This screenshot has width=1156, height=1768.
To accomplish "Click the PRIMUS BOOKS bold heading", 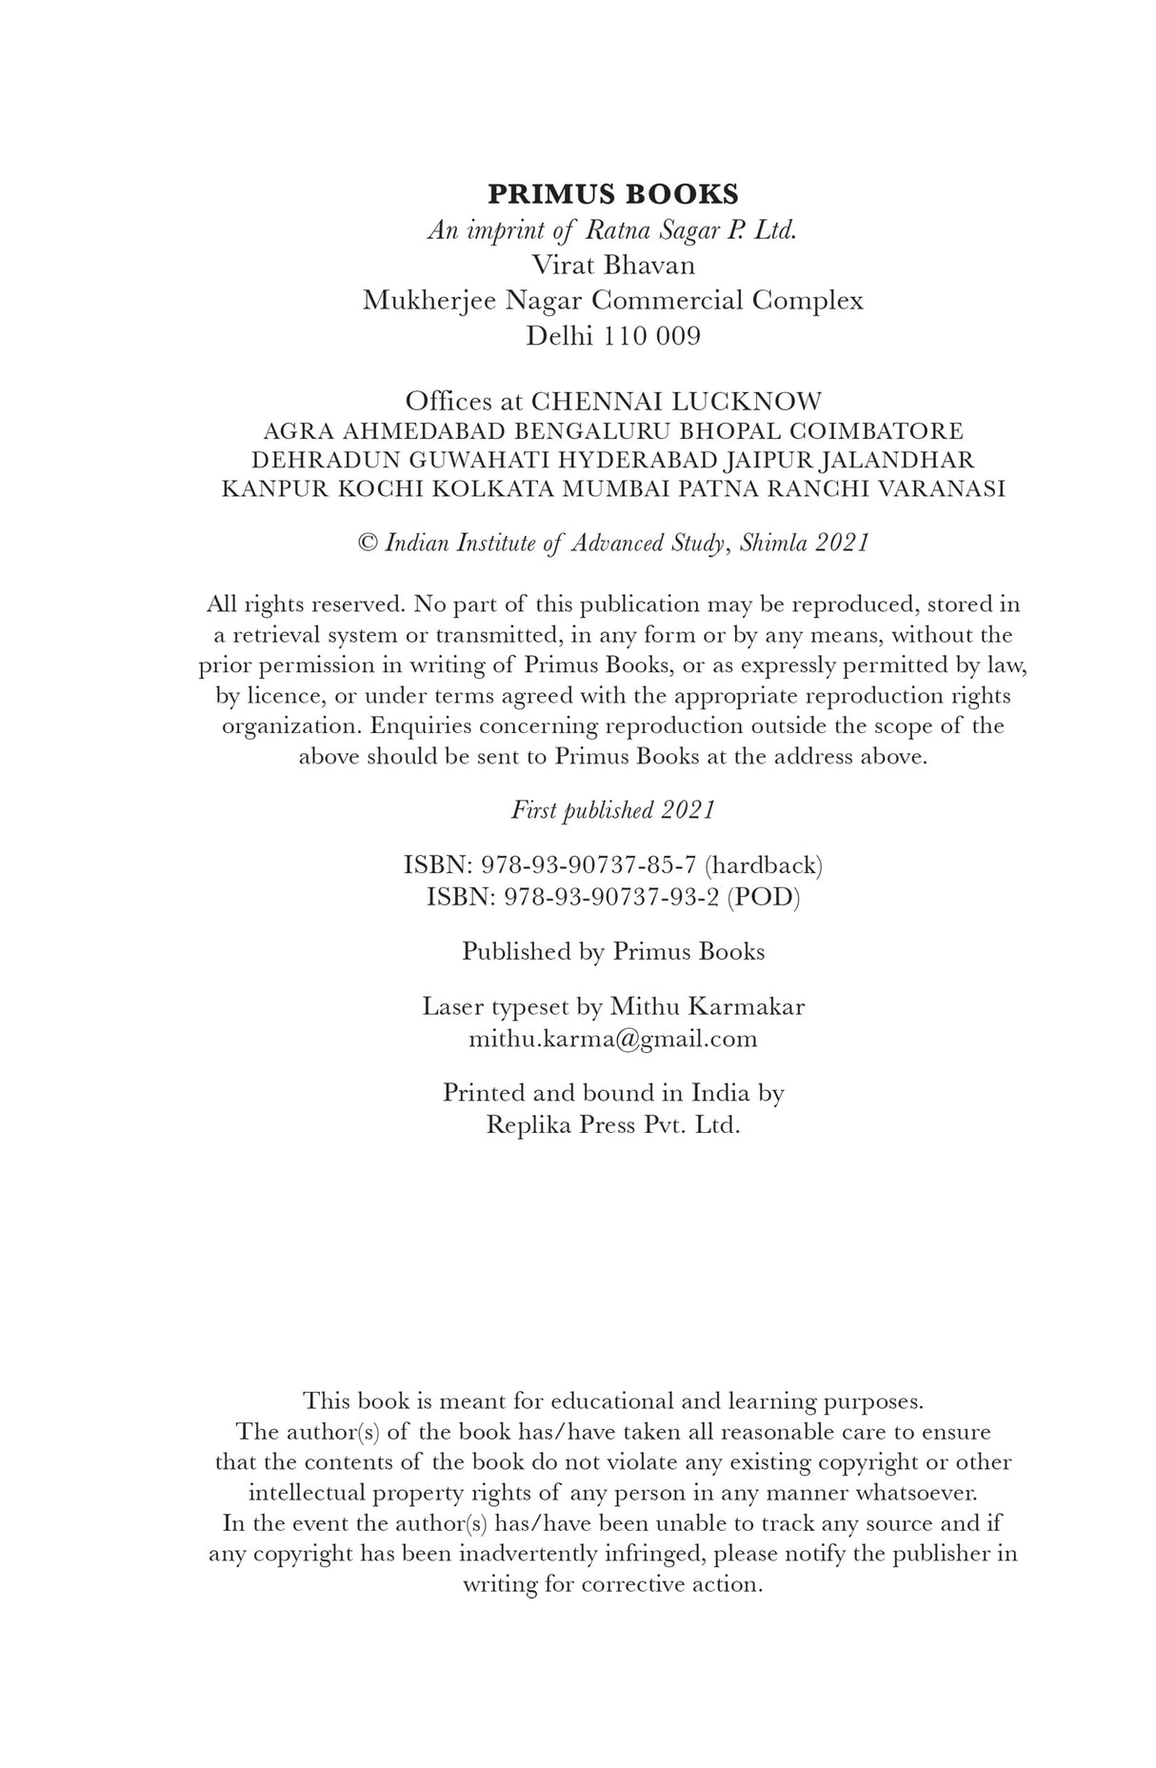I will click(x=612, y=194).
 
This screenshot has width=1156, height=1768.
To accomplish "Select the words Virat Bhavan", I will click(x=612, y=265).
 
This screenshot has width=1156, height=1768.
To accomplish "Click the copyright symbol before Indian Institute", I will click(x=368, y=543).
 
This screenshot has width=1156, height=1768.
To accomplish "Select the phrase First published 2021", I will click(x=612, y=810).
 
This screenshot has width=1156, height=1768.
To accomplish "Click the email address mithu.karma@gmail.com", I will click(x=612, y=1038).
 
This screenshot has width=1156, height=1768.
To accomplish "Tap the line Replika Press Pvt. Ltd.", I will click(x=612, y=1124).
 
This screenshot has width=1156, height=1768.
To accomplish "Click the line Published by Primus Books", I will click(x=612, y=951).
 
